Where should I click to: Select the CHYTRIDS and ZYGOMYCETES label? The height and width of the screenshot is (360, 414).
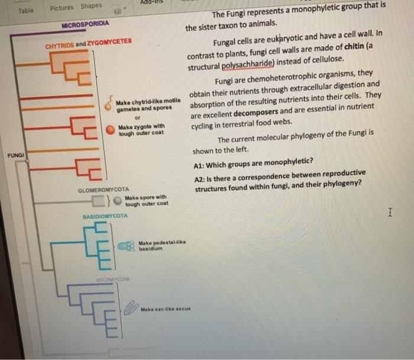tap(89, 44)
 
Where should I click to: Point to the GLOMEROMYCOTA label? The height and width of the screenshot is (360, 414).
tap(103, 190)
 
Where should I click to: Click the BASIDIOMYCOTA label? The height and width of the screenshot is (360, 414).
tap(105, 217)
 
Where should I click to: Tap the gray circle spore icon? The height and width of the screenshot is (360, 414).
tap(118, 201)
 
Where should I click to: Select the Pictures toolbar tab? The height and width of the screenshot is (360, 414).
tap(62, 8)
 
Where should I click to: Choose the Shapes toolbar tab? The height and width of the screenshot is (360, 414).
tap(91, 6)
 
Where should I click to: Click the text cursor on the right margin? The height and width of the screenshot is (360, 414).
tap(389, 211)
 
